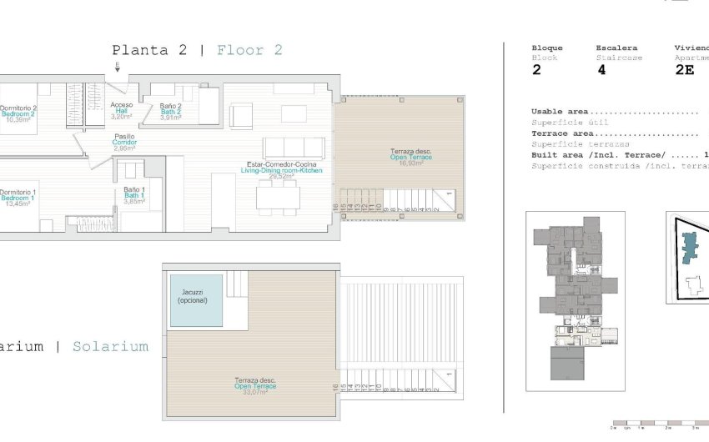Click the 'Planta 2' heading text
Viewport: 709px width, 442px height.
click(149, 50)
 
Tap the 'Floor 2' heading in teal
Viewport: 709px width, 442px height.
click(249, 50)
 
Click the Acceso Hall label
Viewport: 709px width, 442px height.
click(121, 111)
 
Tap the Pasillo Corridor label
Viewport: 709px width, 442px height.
click(125, 143)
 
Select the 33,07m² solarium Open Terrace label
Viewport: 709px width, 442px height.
click(254, 386)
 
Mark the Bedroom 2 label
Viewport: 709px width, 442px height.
click(18, 113)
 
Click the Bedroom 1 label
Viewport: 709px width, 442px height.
click(17, 198)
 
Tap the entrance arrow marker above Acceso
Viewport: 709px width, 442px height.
click(118, 69)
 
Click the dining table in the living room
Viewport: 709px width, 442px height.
click(279, 197)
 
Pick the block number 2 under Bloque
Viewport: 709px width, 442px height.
click(536, 71)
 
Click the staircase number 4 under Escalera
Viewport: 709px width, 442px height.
click(601, 71)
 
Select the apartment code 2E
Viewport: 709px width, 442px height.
click(684, 71)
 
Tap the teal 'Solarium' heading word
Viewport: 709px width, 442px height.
click(110, 346)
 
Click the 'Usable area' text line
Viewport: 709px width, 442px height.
click(560, 111)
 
